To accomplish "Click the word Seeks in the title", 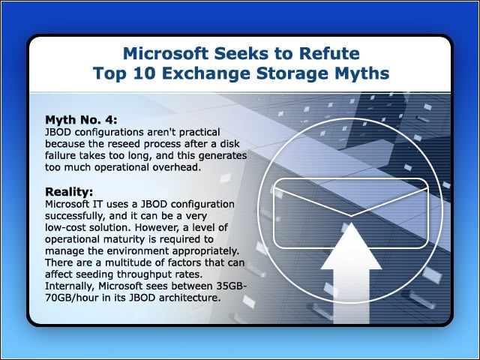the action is point(240,53).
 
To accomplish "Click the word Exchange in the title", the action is point(206,74).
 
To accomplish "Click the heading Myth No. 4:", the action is point(81,120).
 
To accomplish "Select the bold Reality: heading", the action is point(69,192).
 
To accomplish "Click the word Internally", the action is point(70,286).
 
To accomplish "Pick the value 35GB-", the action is point(232,286).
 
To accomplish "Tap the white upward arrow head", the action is point(351,247).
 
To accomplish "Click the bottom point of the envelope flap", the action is point(351,216).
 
